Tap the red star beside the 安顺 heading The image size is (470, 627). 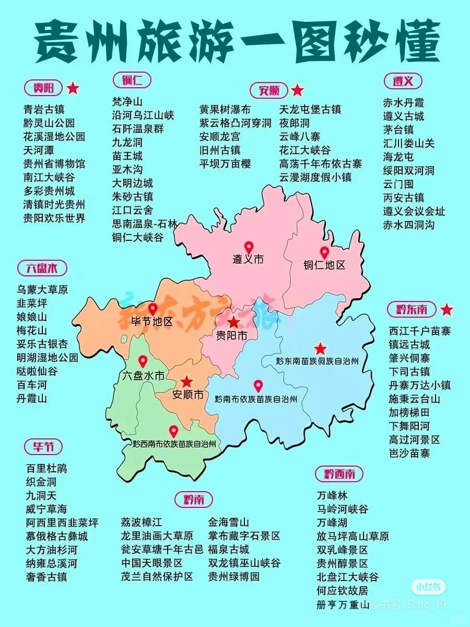297,90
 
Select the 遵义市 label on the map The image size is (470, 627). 248,259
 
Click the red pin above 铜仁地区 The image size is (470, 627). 324,252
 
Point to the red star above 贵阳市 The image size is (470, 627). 233,322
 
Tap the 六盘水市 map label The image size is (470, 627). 143,375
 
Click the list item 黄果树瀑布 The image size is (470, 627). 225,110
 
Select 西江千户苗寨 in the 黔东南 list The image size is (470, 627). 420,331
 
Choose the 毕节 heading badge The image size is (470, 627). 43,447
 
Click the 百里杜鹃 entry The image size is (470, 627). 46,468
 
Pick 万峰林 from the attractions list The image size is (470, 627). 332,495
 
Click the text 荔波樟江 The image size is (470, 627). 142,522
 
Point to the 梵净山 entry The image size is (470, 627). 127,101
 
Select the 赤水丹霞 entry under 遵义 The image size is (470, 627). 404,102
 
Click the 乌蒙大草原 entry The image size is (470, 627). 42,289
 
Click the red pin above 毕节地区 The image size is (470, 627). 152,309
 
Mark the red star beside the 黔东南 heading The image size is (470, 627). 446,309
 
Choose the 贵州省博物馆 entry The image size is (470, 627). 54,164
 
